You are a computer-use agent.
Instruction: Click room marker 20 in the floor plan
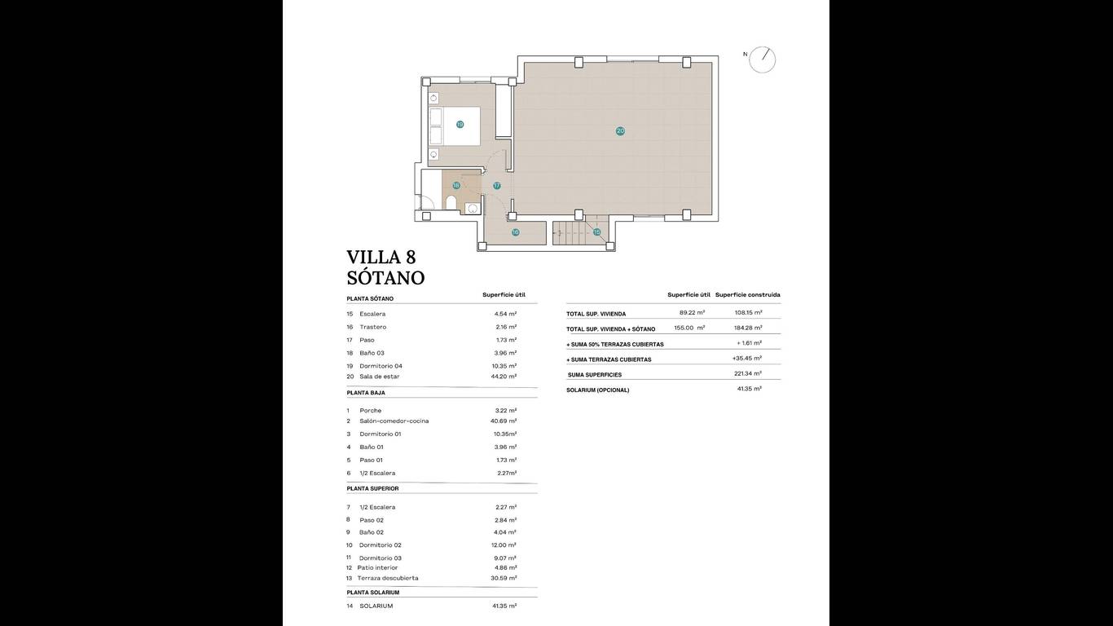click(x=620, y=131)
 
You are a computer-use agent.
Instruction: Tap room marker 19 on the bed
click(x=460, y=125)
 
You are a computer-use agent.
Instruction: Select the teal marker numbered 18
click(x=456, y=186)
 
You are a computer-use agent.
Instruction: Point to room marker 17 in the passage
click(x=496, y=186)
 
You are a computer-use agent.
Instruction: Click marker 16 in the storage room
click(x=515, y=232)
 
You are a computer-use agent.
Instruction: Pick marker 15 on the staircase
click(x=596, y=232)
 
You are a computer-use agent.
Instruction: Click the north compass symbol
click(x=762, y=60)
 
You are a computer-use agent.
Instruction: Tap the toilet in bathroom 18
click(x=451, y=203)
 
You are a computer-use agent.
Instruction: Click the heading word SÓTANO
click(x=385, y=278)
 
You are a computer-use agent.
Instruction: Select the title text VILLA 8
click(x=381, y=257)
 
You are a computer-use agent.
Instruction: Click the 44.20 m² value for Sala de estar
click(x=504, y=377)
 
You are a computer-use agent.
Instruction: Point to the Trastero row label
click(x=372, y=327)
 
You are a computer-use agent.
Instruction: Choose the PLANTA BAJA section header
click(x=366, y=393)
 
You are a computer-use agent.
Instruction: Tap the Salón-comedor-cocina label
click(x=394, y=421)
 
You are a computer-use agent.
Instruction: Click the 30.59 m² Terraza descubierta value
click(x=504, y=578)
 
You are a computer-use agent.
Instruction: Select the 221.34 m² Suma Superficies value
click(x=748, y=373)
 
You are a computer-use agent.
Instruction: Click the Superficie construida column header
click(x=748, y=295)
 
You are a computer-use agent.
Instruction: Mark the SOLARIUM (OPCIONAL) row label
click(x=598, y=390)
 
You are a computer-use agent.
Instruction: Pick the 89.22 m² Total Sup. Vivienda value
click(x=692, y=313)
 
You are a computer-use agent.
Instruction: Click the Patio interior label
click(x=377, y=567)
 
